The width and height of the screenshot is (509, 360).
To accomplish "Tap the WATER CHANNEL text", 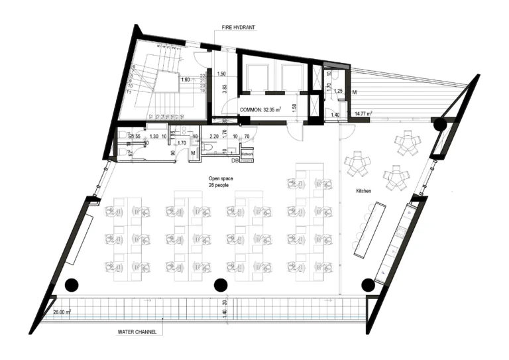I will (x=133, y=331).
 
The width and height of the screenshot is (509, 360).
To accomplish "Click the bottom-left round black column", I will (x=72, y=284).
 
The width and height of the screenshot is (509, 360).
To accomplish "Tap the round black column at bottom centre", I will (x=219, y=284).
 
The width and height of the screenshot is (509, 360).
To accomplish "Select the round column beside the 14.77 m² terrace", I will (x=439, y=125).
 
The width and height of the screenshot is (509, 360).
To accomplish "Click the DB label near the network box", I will (x=234, y=160).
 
